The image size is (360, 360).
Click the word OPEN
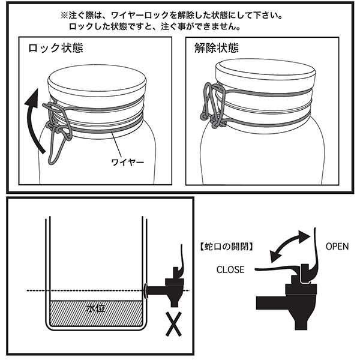(x=337, y=246)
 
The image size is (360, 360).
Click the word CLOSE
(x=230, y=270)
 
